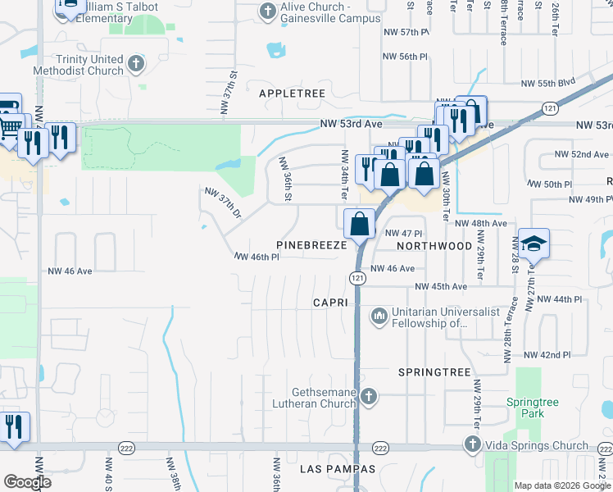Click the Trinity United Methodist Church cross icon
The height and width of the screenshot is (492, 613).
(137, 62)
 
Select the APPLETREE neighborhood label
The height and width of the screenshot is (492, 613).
(293, 94)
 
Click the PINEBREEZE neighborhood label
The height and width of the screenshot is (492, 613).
(311, 245)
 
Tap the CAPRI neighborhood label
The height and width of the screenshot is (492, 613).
(332, 303)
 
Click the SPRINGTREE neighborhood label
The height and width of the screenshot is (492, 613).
(434, 372)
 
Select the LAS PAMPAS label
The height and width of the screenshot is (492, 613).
(337, 469)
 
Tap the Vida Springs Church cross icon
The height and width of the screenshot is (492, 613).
(472, 445)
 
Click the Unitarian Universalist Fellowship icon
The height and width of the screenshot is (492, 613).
(379, 315)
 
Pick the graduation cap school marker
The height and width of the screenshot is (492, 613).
(534, 244)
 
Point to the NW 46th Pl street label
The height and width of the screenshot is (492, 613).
(257, 257)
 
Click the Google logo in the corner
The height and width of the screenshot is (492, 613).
(27, 481)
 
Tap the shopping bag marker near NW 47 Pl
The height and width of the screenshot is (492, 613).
(359, 223)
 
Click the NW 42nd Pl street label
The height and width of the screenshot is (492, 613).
(547, 355)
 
